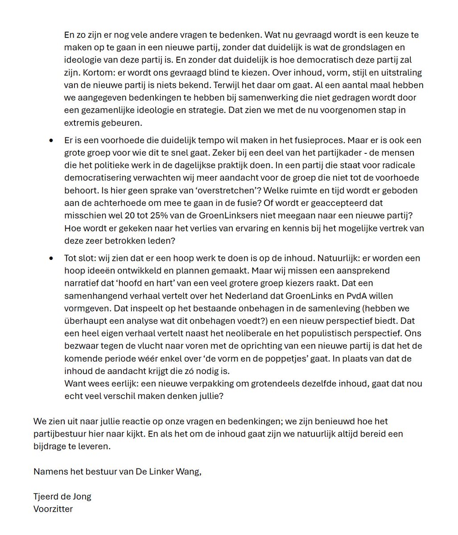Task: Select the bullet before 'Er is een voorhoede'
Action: pos(53,140)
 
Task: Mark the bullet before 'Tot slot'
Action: pos(53,259)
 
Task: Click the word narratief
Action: pos(84,283)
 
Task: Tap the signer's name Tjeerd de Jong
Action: pos(62,496)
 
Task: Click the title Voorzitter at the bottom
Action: pos(53,509)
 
